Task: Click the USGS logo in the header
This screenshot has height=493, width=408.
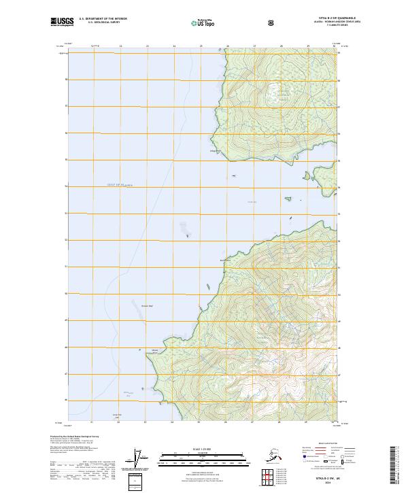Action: point(62,22)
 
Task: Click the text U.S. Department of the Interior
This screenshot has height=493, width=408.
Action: point(103,19)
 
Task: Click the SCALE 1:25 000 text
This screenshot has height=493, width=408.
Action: point(203,448)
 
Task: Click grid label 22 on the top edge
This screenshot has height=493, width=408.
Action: point(120,47)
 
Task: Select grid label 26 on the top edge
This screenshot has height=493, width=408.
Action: point(227,47)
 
